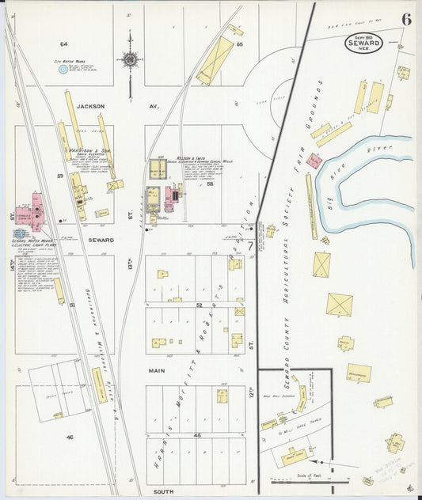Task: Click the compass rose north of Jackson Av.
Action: [130, 59]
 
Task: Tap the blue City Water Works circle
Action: [63, 70]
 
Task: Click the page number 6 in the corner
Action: [406, 20]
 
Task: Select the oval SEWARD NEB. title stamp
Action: [363, 44]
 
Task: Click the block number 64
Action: [63, 44]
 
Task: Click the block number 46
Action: [70, 437]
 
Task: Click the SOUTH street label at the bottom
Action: [163, 491]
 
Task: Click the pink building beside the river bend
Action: [314, 161]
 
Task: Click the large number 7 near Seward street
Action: [250, 246]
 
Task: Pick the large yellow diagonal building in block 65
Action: [215, 60]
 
